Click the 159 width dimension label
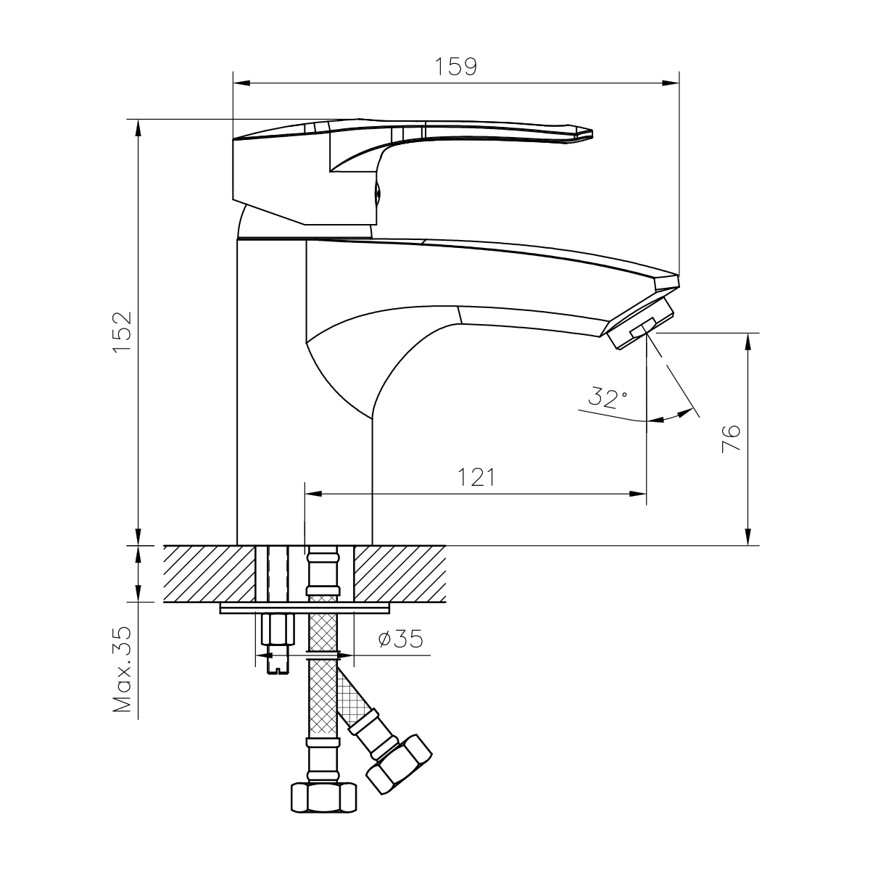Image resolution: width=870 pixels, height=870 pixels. point(455,67)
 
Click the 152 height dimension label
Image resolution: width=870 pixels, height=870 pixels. point(123,332)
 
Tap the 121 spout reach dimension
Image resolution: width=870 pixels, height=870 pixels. point(477,477)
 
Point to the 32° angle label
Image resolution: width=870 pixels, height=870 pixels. point(608,397)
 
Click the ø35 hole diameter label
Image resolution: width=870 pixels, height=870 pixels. point(401,639)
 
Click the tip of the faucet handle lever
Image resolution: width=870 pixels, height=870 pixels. point(592,134)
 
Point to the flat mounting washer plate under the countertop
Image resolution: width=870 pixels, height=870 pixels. point(304,608)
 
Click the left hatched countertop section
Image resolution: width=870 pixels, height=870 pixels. point(210,573)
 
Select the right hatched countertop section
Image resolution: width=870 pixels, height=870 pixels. point(399,573)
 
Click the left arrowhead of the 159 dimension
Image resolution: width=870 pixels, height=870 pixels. point(241,83)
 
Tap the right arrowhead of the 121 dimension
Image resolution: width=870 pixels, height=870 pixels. point(638,494)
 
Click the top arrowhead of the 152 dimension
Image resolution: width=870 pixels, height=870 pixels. point(138,128)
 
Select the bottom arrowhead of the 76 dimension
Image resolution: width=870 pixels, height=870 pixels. point(748,536)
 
